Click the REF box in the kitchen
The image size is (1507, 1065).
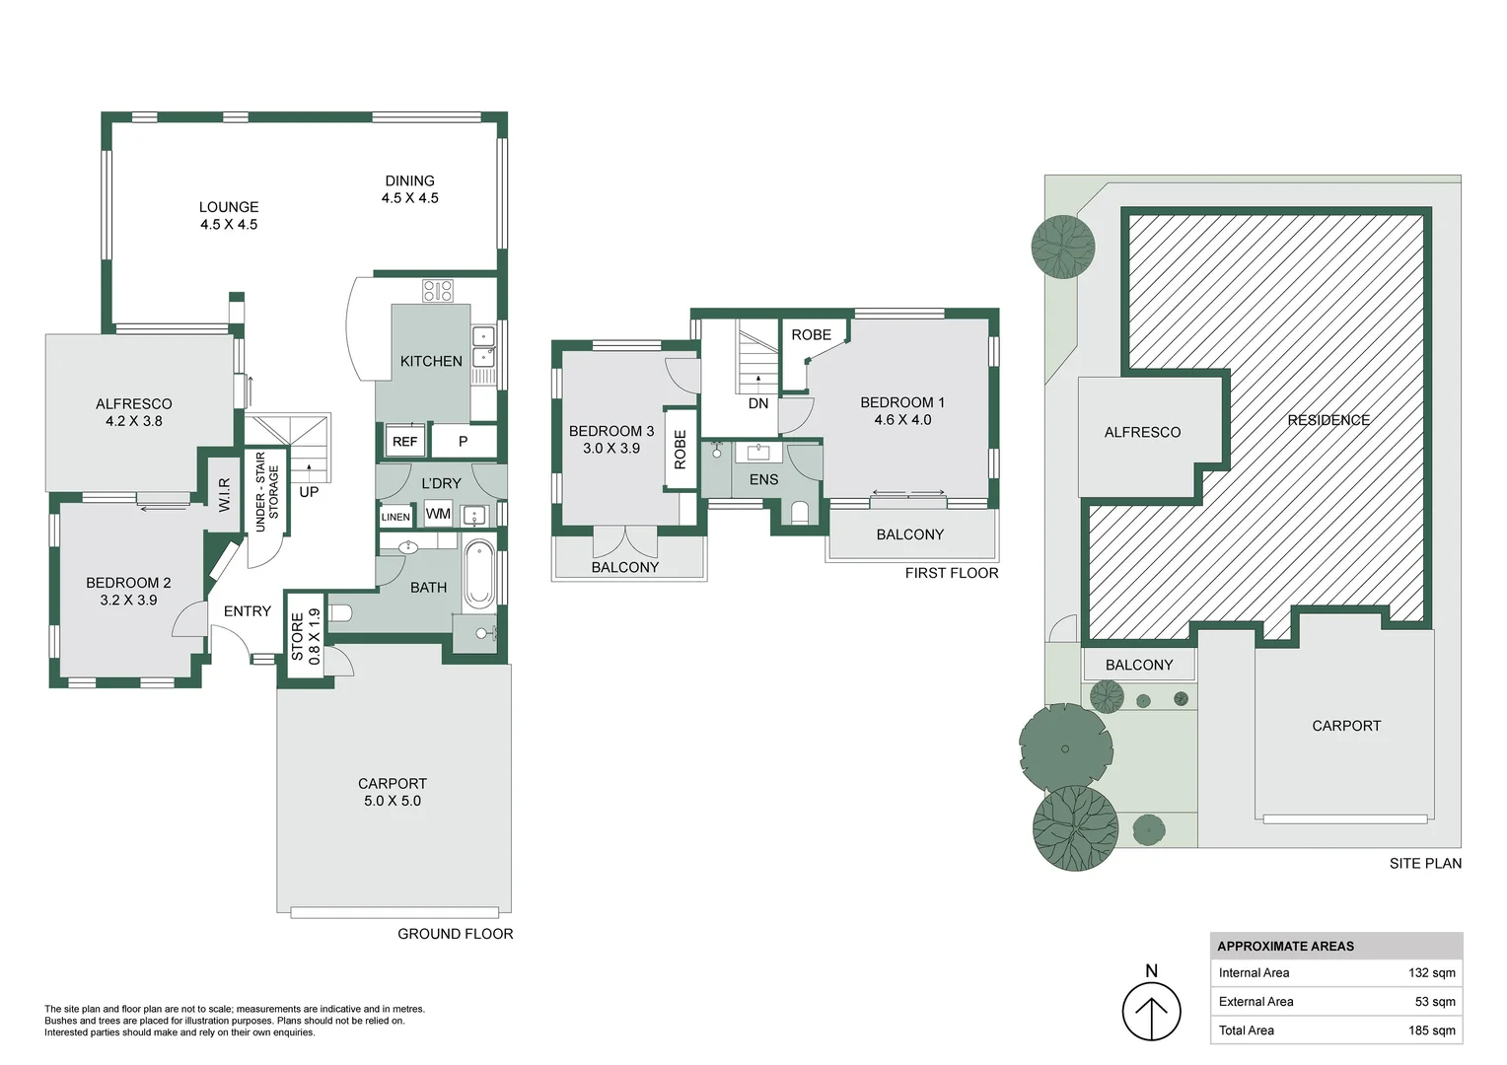pos(405,441)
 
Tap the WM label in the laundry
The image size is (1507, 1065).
pos(438,514)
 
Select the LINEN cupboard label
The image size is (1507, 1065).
pos(395,517)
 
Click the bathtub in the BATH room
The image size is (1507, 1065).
pos(479,574)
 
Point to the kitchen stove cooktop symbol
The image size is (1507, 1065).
pos(438,291)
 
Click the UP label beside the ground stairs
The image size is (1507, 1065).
pos(309,492)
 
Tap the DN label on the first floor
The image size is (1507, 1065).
pos(758,403)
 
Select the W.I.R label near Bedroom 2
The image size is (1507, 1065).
pos(225,495)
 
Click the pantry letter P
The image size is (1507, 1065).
pos(463,442)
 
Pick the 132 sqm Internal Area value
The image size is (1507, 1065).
pos(1432,973)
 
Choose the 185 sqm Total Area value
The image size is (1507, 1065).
pos(1432,1030)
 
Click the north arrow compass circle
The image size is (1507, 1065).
pos(1151,1012)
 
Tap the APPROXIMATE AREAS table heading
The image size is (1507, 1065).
pos(1285,946)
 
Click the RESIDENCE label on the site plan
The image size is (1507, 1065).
pos(1328,420)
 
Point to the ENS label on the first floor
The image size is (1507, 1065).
pos(763,479)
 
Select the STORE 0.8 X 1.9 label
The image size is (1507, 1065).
pos(306,636)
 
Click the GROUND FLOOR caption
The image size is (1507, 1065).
pos(455,934)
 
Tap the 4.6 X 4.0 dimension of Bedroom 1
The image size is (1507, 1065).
pos(902,420)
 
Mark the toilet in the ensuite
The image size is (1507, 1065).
pos(799,513)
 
